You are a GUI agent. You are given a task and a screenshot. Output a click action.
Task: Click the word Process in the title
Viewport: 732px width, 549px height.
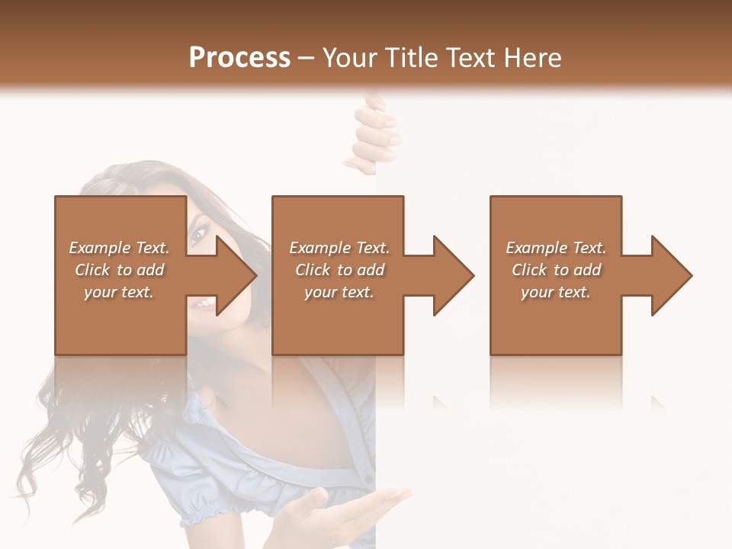coord(239,58)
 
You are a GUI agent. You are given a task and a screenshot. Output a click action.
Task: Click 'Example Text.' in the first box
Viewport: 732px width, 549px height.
coord(119,248)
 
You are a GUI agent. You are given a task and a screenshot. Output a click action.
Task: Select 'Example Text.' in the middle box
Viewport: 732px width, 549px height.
coord(339,248)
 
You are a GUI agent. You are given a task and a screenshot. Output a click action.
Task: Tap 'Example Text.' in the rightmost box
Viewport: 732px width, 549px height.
coord(556,248)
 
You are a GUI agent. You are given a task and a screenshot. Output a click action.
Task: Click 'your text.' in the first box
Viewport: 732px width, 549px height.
coord(119,292)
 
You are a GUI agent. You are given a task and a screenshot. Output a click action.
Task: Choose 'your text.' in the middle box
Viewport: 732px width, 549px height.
coord(339,292)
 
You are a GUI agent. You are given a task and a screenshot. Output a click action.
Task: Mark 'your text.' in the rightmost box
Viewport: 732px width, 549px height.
coord(556,292)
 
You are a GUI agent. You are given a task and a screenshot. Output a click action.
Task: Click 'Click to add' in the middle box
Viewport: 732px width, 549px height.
coord(339,270)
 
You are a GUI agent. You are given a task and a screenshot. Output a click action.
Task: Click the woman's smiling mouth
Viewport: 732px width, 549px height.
coord(203,304)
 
